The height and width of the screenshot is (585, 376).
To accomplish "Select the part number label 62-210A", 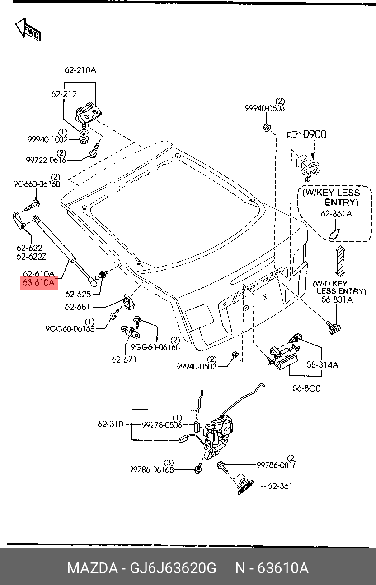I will tap(80, 70).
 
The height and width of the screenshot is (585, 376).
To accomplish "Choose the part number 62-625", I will tap(78, 295).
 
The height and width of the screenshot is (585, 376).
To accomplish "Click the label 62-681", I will tap(78, 307).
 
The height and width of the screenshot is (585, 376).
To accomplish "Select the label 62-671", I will tap(124, 359).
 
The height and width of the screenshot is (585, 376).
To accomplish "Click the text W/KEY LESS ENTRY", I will tap(334, 198).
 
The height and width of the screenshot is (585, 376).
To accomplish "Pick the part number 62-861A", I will tap(336, 214).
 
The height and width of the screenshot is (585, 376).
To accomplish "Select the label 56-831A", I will tap(338, 299).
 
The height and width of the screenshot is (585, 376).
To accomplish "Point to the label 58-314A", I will tap(322, 365).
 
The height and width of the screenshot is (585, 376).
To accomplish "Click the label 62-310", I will tap(110, 424).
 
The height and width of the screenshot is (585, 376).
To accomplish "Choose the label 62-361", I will tap(280, 486).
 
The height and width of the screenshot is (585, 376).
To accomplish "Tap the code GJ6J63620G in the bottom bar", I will tap(173, 568).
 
